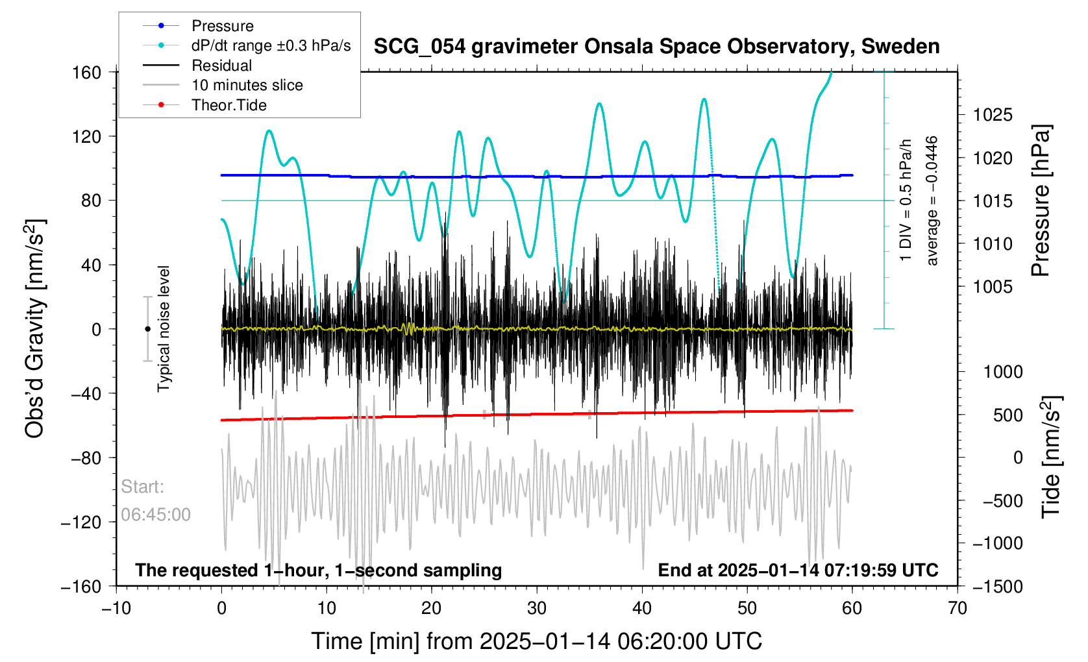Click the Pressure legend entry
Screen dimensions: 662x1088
click(x=222, y=26)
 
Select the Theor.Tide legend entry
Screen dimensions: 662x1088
click(x=229, y=105)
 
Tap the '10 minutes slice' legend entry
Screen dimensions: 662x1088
click(x=247, y=85)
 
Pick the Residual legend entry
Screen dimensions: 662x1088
click(x=221, y=66)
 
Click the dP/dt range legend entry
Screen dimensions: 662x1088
click(x=271, y=45)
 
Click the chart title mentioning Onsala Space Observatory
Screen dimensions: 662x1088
click(x=656, y=47)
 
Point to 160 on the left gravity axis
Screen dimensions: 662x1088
click(x=87, y=72)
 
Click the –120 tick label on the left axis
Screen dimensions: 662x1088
click(x=82, y=522)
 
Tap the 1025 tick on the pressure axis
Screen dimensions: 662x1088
click(x=993, y=116)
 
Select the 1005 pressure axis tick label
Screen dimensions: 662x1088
click(x=993, y=287)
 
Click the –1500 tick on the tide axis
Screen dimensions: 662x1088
click(x=997, y=587)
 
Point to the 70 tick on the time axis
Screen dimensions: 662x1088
click(x=958, y=609)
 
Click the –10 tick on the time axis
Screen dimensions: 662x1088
click(x=116, y=609)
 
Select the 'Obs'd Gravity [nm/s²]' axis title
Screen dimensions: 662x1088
click(x=35, y=328)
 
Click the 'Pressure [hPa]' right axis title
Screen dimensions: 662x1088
click(x=1041, y=201)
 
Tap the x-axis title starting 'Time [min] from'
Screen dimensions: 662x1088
click(x=536, y=641)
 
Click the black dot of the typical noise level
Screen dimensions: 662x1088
click(x=148, y=329)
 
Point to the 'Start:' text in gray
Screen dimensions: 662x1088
click(x=142, y=487)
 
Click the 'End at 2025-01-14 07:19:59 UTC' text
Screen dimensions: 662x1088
click(x=798, y=570)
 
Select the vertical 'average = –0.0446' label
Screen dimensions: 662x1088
click(x=932, y=201)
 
